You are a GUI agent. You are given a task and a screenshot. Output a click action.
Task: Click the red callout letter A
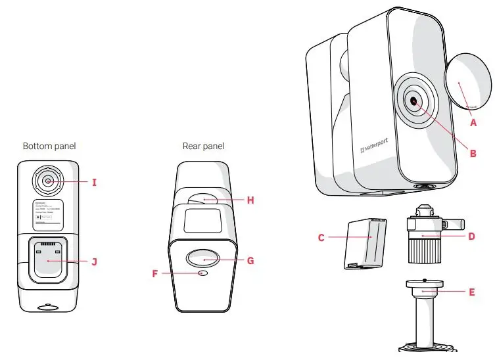pos(473,121)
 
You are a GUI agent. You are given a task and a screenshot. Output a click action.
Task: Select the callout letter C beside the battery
pos(321,238)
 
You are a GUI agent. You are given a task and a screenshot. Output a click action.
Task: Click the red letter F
pos(155,273)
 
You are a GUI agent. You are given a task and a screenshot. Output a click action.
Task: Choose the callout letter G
pos(250,260)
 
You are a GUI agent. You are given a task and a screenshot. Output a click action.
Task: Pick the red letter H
pos(250,200)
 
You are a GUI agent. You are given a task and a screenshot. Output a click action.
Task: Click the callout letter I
pos(94,181)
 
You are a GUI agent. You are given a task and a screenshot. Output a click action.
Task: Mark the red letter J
pos(94,261)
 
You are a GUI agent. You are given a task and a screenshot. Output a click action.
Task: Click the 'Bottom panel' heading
pos(49,146)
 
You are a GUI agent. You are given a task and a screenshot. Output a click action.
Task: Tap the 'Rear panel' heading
pos(203,146)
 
